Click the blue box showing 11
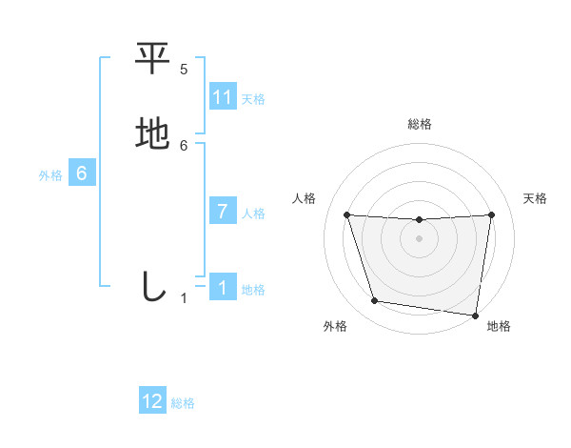[223, 97]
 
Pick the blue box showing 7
[223, 212]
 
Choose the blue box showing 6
[82, 173]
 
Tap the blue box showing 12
[152, 401]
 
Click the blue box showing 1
[223, 288]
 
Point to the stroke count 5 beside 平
[184, 70]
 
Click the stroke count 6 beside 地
[184, 145]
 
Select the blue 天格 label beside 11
[253, 99]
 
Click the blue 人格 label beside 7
[253, 214]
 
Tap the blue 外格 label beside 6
[50, 175]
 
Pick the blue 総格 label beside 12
[183, 403]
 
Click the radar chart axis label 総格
[419, 124]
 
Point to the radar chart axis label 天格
[535, 198]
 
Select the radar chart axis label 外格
[335, 326]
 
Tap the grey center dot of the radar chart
[419, 238]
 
